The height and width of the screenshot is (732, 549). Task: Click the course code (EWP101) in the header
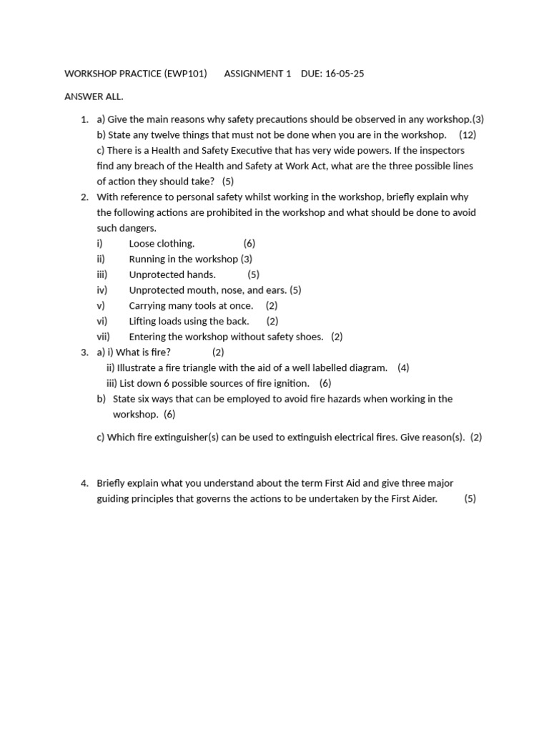(185, 74)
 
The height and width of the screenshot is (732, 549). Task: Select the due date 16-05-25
(344, 74)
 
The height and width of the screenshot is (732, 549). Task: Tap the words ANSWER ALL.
(94, 97)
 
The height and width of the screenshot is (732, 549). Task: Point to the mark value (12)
(468, 135)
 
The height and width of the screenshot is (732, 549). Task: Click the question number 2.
(84, 197)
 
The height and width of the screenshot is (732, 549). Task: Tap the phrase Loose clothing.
(162, 244)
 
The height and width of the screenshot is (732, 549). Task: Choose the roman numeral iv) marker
(102, 290)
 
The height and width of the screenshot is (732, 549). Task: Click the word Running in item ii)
(147, 259)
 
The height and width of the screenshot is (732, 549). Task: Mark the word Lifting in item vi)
(144, 322)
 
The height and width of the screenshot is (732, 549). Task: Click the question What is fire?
(143, 352)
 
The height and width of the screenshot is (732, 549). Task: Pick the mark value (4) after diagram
(403, 368)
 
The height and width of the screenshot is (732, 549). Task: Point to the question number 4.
(84, 483)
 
